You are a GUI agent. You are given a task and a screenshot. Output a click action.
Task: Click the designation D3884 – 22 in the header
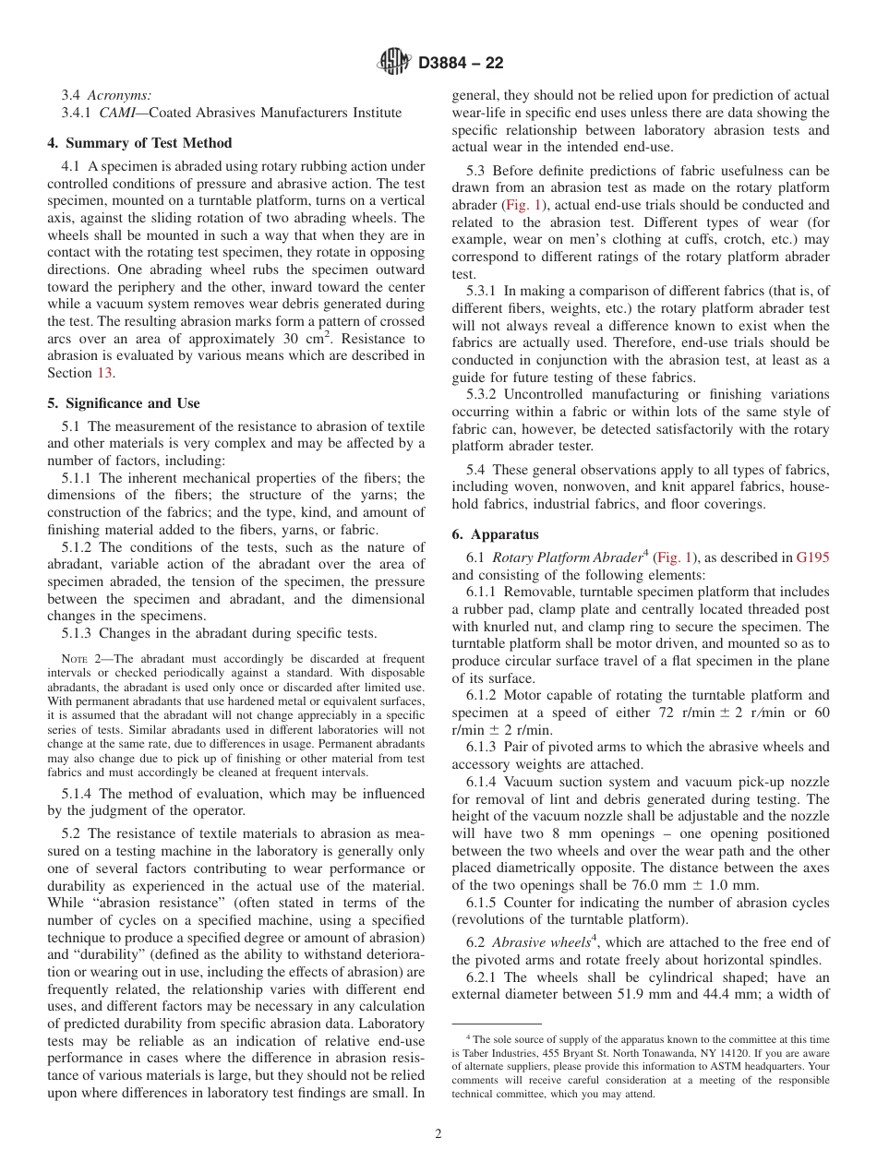[x=461, y=64]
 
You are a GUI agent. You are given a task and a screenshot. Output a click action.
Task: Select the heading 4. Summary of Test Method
[x=139, y=143]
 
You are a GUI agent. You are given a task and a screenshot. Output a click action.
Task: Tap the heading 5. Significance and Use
[x=123, y=403]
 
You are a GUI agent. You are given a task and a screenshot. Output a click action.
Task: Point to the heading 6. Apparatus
[x=495, y=534]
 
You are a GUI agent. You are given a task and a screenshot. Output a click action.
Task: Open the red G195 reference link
[x=812, y=557]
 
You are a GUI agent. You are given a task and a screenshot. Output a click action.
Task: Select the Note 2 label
[x=75, y=659]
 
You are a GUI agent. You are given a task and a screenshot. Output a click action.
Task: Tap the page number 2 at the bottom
[x=438, y=1134]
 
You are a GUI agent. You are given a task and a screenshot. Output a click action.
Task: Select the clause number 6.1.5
[x=482, y=903]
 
